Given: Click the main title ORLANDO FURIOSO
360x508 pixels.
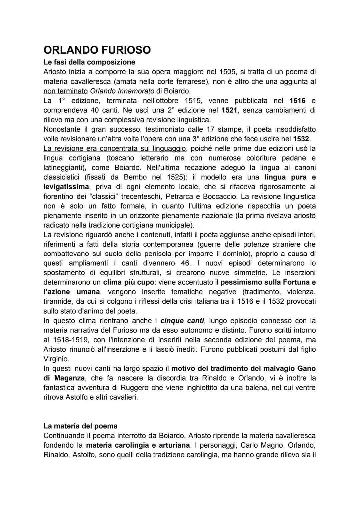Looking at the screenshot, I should point(97,50).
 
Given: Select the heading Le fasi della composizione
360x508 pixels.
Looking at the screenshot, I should point(89,62).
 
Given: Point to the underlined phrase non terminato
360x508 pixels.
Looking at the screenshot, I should point(65,91).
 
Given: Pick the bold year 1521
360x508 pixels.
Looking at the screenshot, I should point(230,110).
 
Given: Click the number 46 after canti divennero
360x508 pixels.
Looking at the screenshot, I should point(185,263).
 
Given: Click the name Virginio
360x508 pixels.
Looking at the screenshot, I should point(56,359).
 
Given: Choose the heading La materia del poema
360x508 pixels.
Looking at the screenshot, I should point(80,426).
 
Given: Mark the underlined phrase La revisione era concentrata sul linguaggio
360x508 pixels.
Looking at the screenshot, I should point(115,148).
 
